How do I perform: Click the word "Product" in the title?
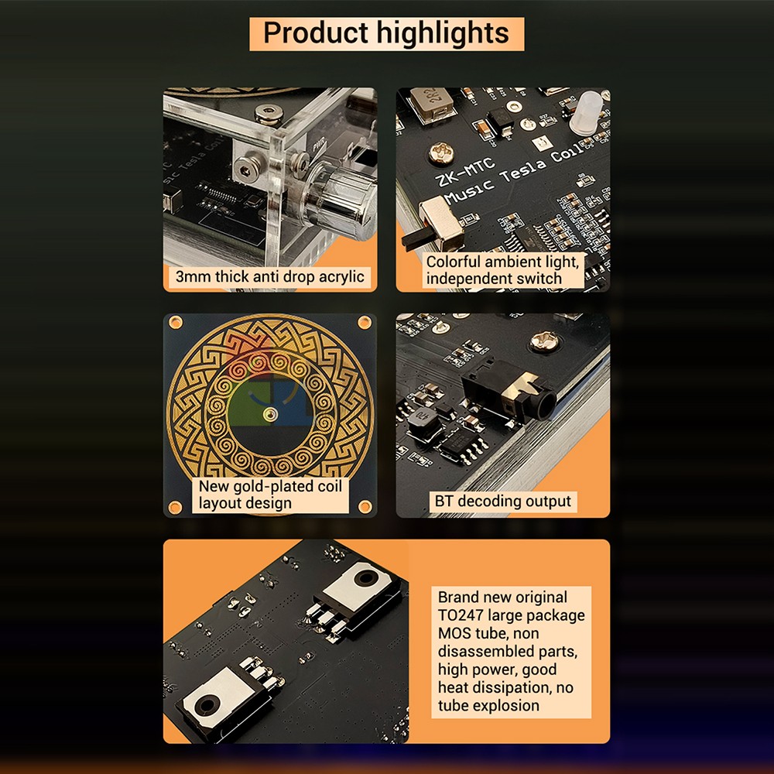point(316,33)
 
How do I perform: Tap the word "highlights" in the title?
point(443,34)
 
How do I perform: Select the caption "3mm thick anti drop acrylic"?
point(270,277)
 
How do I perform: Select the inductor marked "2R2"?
point(432,104)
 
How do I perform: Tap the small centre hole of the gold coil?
point(269,413)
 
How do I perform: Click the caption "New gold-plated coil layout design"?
point(270,495)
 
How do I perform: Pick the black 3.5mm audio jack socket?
point(509,390)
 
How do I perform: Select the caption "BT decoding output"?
point(502,502)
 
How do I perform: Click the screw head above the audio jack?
point(544,340)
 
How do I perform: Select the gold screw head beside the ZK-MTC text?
point(441,152)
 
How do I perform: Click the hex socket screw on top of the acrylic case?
point(269,113)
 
